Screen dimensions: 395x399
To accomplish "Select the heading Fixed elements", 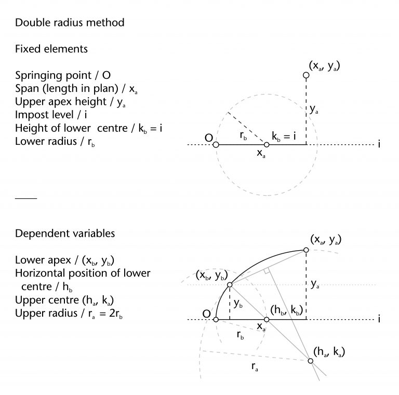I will tap(51, 49).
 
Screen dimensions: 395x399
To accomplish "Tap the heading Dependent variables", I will tap(65, 234).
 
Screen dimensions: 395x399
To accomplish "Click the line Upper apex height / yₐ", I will tap(69, 103).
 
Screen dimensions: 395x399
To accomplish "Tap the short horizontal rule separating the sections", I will tap(26, 198).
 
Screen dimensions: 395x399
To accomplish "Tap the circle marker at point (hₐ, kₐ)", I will tap(310, 361).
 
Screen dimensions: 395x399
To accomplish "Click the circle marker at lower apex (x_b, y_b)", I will tap(229, 285).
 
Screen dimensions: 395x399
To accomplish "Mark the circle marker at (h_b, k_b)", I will tap(267, 319).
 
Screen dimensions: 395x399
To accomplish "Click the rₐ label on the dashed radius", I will tap(254, 367).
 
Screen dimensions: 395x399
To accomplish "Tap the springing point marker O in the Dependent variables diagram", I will tap(217, 319).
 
